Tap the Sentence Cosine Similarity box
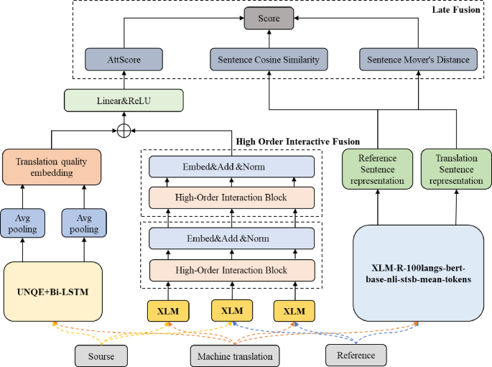[269, 59]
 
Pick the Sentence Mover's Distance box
[417, 59]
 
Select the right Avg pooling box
[84, 223]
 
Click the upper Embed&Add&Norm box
[232, 167]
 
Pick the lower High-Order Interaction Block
[232, 270]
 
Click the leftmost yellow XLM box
[168, 311]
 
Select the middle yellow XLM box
[232, 311]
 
